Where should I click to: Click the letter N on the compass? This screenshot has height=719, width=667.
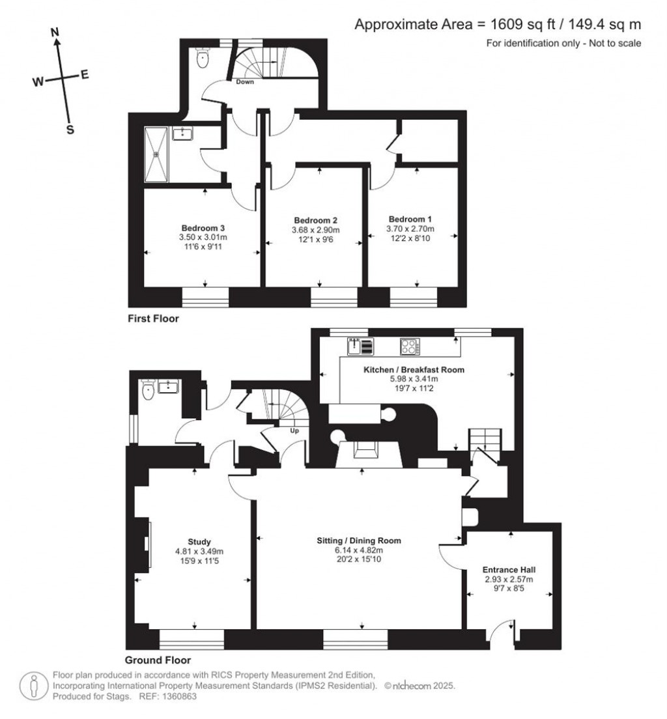click(55, 31)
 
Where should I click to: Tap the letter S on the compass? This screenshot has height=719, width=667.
click(70, 130)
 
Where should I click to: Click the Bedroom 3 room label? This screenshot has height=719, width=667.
click(203, 228)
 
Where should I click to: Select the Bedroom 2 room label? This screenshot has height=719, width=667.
click(315, 220)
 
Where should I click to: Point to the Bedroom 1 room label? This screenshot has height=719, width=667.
click(410, 219)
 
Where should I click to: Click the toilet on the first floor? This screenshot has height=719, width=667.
click(203, 59)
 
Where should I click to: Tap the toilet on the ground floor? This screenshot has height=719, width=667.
click(148, 391)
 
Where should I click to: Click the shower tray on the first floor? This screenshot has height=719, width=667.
click(156, 154)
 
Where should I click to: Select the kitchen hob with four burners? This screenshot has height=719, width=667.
click(409, 346)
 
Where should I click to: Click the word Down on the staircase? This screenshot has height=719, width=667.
click(245, 82)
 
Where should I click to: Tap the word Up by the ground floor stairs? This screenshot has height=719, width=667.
click(294, 430)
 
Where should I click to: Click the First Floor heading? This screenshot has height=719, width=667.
click(153, 319)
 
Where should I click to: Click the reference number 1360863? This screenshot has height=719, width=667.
click(178, 696)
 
